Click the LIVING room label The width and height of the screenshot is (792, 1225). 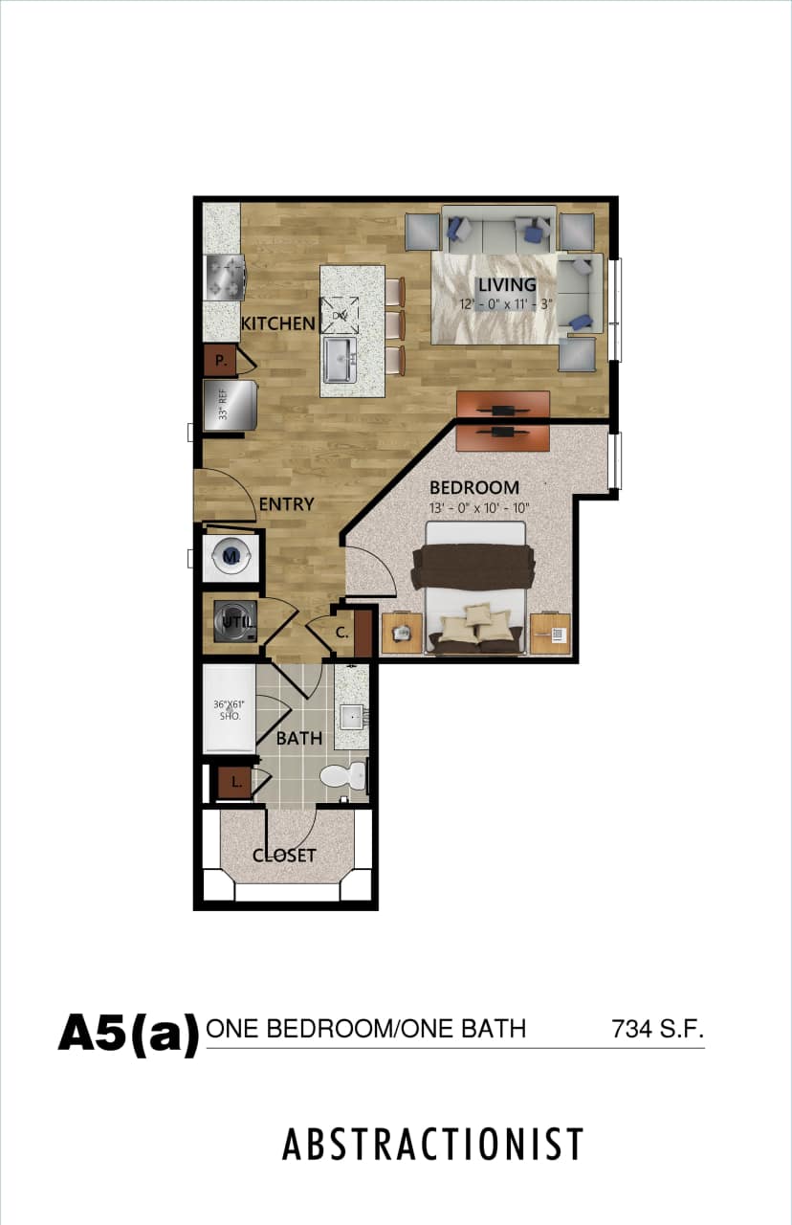point(507,284)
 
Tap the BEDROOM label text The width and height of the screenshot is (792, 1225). point(473,487)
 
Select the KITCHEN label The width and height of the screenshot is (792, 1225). point(277,323)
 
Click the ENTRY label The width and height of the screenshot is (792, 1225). point(286,503)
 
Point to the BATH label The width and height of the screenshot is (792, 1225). point(298,738)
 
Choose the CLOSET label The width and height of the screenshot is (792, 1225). point(284,856)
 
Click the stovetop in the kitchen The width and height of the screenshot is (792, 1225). point(226,278)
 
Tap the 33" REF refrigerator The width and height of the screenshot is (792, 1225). point(230,404)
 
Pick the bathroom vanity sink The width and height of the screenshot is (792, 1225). point(351,714)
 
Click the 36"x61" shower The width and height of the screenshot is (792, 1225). point(229,710)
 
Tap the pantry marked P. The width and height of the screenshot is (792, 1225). point(220,361)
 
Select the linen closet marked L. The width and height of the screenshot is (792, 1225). point(233,783)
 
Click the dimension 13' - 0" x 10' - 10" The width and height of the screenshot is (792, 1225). point(479,507)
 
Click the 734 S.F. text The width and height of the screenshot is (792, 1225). point(657,1030)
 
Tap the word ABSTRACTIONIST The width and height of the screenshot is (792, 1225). point(432,1145)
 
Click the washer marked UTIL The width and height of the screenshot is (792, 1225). point(233,620)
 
